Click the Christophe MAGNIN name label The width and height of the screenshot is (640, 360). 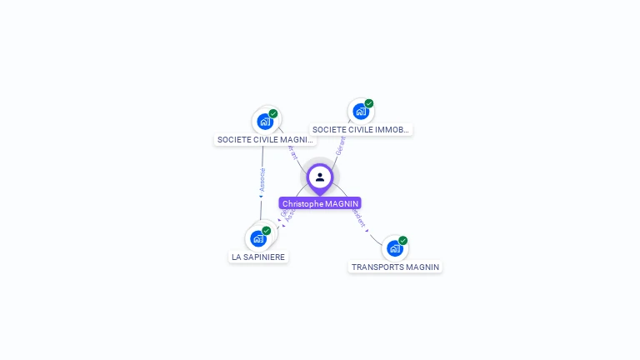coord(320,203)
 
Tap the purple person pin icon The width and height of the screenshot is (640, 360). coord(320,177)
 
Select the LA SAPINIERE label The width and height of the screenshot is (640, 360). coord(259,257)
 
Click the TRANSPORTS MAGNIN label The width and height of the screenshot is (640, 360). coord(395,267)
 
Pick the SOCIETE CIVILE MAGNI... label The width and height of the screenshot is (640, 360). coord(265,140)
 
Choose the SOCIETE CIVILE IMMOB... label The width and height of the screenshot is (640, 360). coord(361,129)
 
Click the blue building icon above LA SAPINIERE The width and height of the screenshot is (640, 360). coord(258,238)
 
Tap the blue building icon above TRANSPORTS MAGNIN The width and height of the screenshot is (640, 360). coord(395,247)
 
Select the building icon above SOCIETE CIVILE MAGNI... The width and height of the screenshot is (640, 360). coord(265,122)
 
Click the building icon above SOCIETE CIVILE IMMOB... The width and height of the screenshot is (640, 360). coord(360,111)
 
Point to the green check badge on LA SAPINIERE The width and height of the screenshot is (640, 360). coord(267,230)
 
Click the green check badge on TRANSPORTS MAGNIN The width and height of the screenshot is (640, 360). coord(403,240)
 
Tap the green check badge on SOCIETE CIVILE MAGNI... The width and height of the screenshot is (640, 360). coord(273,113)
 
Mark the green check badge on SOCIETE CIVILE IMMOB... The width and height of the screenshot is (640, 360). coord(369,103)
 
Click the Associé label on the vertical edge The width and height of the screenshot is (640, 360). coord(262,180)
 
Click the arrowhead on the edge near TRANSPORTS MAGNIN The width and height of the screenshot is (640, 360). coord(369,232)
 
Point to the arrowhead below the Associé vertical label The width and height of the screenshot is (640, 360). coord(261,197)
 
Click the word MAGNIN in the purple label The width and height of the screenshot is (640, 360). coord(342,203)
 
